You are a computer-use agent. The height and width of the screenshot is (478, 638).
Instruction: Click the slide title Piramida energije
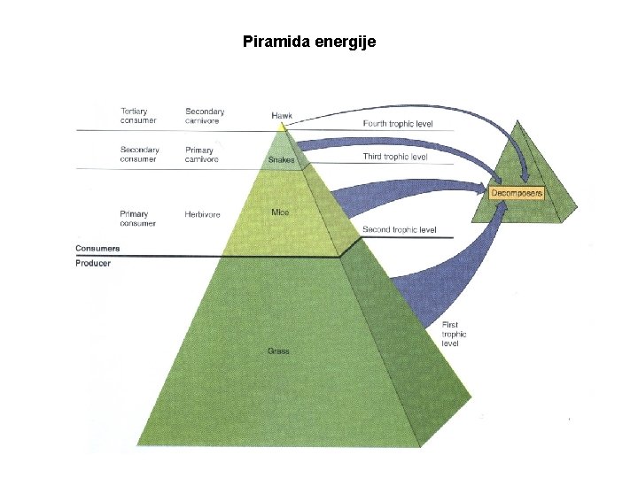point(309,41)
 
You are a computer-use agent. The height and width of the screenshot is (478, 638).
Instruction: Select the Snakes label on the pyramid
point(281,160)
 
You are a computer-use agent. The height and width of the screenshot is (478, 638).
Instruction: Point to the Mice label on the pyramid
point(280,212)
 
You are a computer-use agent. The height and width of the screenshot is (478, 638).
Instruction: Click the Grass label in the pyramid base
point(278,351)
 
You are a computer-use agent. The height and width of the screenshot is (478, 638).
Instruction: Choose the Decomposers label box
point(517,192)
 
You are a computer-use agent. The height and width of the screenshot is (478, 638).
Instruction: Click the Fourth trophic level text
point(398,124)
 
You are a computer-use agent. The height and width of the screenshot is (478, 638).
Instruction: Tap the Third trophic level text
point(395,157)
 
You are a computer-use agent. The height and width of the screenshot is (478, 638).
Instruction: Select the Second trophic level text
point(400,230)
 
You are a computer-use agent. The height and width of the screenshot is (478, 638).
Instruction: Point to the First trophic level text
point(455,334)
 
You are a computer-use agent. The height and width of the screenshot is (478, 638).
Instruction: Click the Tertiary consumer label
point(138,116)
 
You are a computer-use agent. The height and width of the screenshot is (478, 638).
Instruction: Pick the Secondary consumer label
point(140,155)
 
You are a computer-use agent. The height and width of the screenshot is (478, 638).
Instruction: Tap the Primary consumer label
point(137,219)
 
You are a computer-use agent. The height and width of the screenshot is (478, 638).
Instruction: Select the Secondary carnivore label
point(205,116)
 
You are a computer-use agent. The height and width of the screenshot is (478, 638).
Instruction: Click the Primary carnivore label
point(199,155)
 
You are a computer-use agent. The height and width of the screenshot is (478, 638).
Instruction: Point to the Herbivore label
point(202,214)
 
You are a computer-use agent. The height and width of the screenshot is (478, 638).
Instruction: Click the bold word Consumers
point(97,249)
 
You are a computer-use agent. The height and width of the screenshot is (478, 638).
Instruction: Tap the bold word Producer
point(93,264)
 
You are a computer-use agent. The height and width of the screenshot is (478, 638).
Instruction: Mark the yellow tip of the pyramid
point(282,127)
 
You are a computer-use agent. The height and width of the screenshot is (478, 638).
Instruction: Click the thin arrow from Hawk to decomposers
point(399,107)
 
